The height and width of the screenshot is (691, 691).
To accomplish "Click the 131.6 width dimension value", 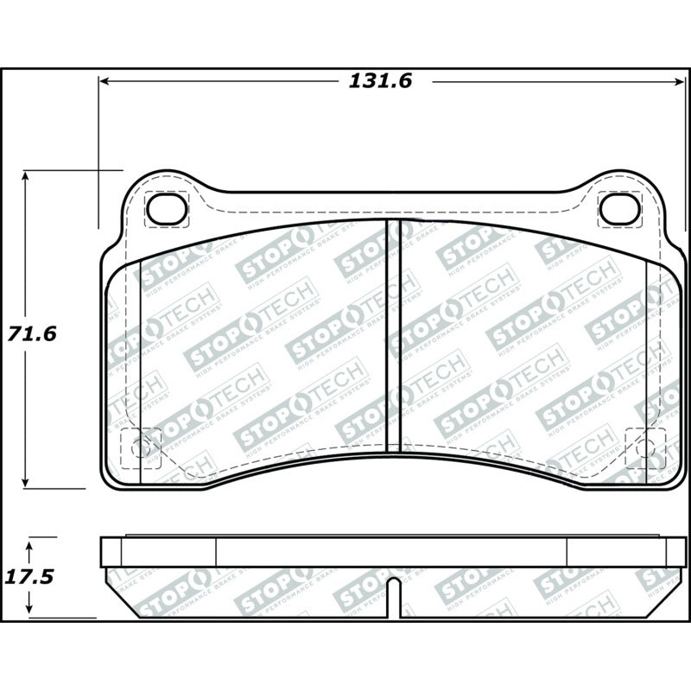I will [381, 81].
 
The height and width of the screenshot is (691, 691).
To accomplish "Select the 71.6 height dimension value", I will [32, 333].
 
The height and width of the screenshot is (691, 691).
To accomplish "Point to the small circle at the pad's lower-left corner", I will [141, 447].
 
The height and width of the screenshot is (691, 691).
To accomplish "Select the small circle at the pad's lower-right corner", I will [644, 447].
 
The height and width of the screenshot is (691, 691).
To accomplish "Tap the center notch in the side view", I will [393, 596].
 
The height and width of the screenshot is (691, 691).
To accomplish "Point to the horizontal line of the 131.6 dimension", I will [259, 81].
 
